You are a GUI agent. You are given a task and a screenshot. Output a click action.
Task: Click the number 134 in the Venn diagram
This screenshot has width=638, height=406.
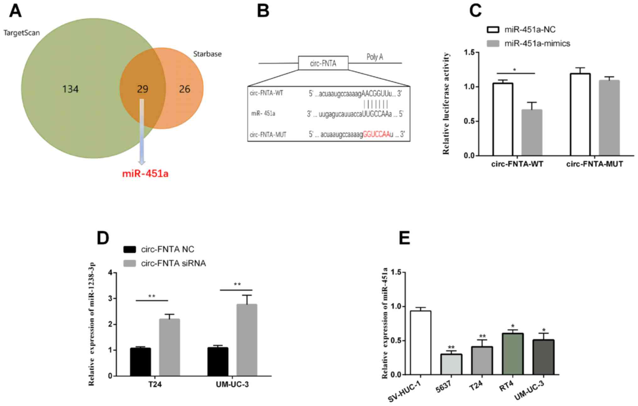click(70, 89)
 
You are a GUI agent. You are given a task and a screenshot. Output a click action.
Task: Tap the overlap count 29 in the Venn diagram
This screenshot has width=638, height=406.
click(142, 89)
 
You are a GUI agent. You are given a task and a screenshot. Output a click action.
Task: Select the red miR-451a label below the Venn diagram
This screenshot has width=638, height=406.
click(145, 173)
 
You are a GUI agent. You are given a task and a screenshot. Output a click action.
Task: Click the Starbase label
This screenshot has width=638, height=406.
click(207, 54)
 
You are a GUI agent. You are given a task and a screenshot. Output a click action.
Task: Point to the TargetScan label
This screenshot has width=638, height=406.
click(22, 33)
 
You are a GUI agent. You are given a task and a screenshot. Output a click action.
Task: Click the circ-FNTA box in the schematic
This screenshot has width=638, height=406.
click(323, 63)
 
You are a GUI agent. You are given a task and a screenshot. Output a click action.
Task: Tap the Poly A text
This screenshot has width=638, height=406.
click(374, 57)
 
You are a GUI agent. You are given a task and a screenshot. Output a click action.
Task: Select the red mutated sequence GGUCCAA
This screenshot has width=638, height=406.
click(376, 134)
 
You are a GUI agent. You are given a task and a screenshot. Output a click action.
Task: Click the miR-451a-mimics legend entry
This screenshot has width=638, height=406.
click(537, 43)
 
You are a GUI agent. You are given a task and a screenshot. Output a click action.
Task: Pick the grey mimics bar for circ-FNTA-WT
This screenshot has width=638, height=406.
click(532, 133)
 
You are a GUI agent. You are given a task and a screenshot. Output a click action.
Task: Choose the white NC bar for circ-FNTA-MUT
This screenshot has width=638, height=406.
click(581, 115)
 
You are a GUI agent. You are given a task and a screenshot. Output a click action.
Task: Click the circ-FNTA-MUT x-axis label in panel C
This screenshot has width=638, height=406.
click(594, 164)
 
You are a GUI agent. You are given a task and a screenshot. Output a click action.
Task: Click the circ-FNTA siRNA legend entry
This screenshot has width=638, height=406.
click(173, 263)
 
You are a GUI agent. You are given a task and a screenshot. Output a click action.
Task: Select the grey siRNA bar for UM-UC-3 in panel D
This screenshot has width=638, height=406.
click(247, 340)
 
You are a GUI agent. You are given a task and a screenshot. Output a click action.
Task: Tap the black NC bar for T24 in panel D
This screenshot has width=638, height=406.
click(140, 362)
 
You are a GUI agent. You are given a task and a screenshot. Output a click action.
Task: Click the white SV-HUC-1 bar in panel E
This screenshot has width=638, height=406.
click(421, 343)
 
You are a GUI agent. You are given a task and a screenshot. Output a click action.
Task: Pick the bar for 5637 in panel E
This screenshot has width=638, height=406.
click(451, 365)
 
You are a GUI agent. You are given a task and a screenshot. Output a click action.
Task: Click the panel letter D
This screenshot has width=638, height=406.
click(103, 238)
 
